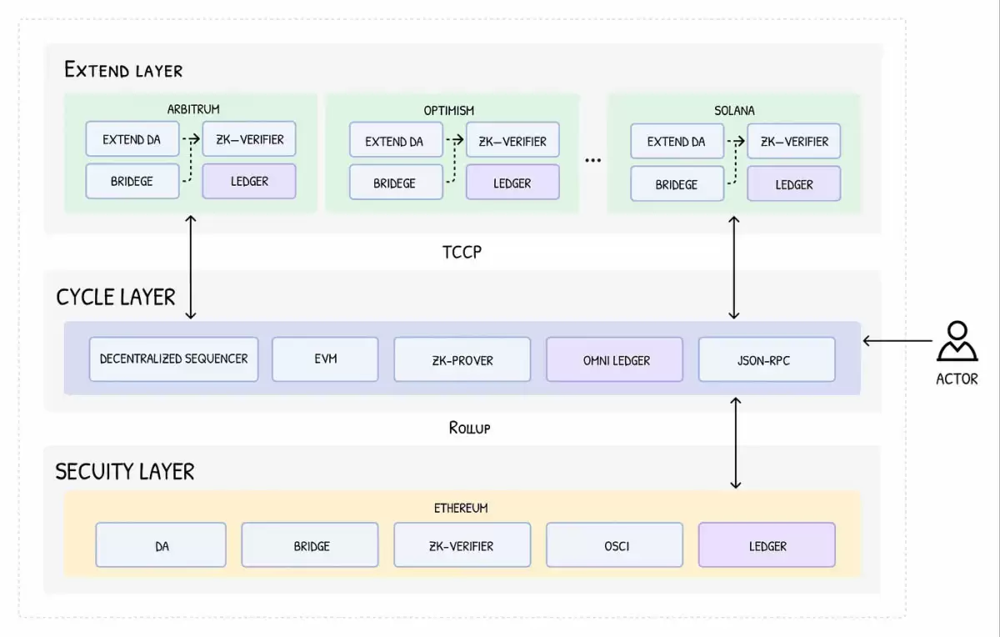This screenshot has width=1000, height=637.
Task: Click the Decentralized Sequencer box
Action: click(x=173, y=359)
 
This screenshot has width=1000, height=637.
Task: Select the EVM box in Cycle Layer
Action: click(x=325, y=359)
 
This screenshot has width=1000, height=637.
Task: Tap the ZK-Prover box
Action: click(x=462, y=359)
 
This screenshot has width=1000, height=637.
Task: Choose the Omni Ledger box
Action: click(x=615, y=359)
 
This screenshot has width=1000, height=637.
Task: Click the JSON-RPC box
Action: click(x=767, y=359)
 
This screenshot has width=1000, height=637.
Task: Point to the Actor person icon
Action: click(x=957, y=341)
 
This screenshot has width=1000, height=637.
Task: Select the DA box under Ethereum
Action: click(x=161, y=545)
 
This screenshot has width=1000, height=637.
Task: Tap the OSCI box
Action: click(x=615, y=545)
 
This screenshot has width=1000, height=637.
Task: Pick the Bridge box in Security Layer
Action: click(x=310, y=545)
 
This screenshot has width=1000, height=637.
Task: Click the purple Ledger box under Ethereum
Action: click(x=767, y=545)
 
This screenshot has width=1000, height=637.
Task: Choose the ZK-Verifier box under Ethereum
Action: click(x=462, y=545)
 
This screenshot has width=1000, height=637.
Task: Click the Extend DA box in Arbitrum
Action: click(x=132, y=139)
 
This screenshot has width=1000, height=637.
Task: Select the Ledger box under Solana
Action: click(x=793, y=183)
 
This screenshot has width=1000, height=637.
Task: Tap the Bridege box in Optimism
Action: click(x=395, y=183)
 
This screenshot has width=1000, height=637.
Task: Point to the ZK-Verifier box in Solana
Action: click(x=793, y=141)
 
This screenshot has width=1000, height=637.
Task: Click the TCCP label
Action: click(x=462, y=252)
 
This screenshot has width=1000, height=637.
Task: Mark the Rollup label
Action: click(x=469, y=428)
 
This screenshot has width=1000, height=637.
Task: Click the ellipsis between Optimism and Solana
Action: click(x=592, y=160)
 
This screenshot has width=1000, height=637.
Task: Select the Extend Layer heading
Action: click(x=123, y=70)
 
